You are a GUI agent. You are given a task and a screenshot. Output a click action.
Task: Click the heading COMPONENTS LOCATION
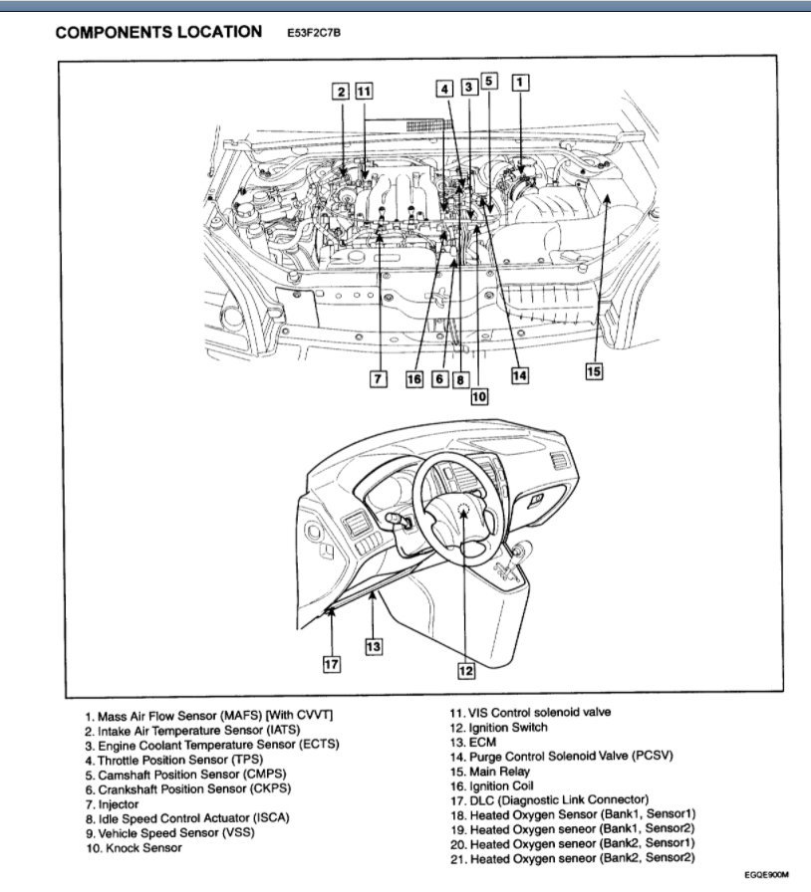tap(158, 32)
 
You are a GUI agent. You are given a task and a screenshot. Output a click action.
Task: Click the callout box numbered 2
tap(341, 92)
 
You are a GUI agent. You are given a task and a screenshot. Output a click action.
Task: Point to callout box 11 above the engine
tap(365, 92)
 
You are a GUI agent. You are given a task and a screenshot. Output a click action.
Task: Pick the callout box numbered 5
tap(489, 82)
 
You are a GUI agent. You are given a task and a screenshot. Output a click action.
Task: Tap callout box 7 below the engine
tap(378, 379)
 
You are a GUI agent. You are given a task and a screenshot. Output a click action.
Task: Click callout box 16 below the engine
tap(414, 379)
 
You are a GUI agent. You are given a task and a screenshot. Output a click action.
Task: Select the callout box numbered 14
tap(519, 375)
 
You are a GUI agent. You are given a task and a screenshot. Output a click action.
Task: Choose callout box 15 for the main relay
tap(594, 371)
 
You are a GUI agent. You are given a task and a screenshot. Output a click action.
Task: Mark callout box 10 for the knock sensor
tap(479, 395)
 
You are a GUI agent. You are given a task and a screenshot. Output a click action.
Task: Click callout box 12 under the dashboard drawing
tap(465, 670)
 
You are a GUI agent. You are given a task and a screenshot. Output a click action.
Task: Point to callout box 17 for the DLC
tap(331, 663)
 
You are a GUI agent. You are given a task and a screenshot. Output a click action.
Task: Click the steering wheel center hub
tap(463, 510)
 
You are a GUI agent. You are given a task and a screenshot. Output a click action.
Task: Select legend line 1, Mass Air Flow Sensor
tap(209, 716)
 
